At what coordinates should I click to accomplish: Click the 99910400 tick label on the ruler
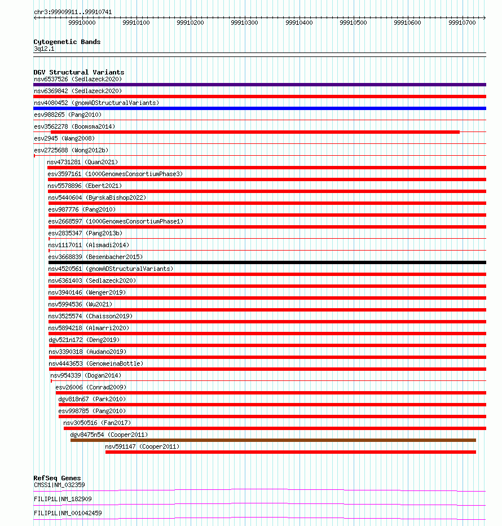[x=299, y=23]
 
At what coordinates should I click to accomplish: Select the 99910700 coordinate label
[x=462, y=23]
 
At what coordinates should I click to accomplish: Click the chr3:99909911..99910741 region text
[x=72, y=12]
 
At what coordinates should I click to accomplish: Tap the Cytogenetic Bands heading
[x=67, y=42]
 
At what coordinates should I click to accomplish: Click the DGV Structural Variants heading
[x=78, y=72]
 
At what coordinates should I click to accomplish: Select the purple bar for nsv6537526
[x=259, y=85]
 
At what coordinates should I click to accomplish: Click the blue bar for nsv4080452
[x=259, y=108]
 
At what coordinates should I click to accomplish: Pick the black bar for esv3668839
[x=267, y=262]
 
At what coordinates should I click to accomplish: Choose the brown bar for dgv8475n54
[x=273, y=440]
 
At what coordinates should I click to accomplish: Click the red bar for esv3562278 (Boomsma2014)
[x=255, y=132]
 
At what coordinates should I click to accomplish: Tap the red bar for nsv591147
[x=290, y=452]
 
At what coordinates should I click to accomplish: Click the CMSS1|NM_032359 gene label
[x=59, y=485]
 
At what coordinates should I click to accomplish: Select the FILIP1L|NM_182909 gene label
[x=63, y=499]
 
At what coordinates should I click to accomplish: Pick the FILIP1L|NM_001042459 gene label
[x=68, y=513]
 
